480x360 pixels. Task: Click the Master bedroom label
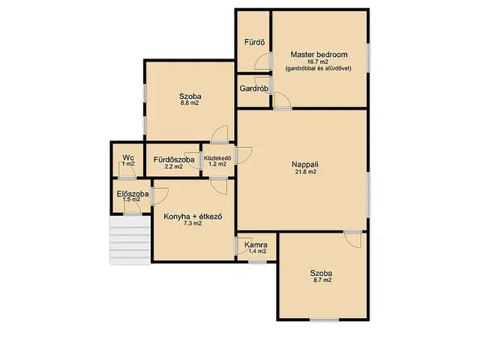(x=319, y=55)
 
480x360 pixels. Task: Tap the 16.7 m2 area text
(x=318, y=62)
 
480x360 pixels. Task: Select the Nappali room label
(x=305, y=164)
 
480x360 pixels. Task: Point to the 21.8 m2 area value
(x=305, y=172)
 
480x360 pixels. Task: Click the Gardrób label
(x=254, y=88)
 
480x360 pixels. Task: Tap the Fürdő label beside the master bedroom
(x=254, y=42)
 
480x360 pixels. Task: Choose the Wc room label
(x=128, y=157)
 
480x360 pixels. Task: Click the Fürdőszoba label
(x=174, y=160)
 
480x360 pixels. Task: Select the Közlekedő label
(x=217, y=158)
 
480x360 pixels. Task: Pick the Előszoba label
(x=133, y=193)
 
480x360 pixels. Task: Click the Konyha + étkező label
(x=193, y=217)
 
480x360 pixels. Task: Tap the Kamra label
(x=256, y=245)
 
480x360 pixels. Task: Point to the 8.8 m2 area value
(x=190, y=103)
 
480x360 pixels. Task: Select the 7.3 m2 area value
(x=193, y=223)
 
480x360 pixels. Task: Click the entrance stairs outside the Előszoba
(x=130, y=241)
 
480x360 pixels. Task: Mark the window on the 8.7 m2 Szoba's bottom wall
(x=325, y=320)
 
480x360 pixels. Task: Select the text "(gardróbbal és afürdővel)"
(x=318, y=68)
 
